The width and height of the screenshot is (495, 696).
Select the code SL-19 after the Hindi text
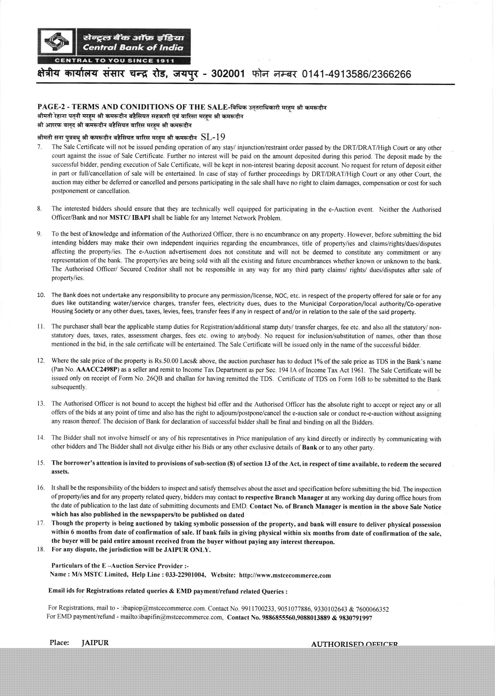click(213, 137)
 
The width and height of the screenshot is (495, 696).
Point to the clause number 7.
click(39, 148)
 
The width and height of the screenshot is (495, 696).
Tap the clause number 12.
click(41, 362)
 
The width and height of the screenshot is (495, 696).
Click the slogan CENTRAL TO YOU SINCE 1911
click(114, 60)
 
